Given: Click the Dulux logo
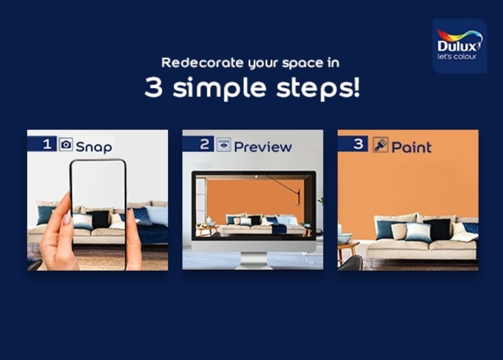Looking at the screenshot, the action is (459, 46).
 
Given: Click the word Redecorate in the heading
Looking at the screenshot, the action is (203, 63).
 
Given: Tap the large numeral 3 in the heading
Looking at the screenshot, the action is (154, 87).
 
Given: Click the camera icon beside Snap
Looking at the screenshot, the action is (66, 144).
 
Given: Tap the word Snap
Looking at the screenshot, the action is (94, 147).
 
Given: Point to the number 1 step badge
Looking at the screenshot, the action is (42, 144).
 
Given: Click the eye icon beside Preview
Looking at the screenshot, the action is (224, 145).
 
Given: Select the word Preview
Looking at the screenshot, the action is (263, 147).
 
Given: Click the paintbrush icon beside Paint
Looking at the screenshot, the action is (380, 145).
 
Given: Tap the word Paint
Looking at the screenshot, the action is (412, 147).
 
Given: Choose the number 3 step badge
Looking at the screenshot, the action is (353, 144).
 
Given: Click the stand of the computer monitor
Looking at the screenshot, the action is (253, 260).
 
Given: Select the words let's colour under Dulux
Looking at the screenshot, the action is (457, 57).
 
